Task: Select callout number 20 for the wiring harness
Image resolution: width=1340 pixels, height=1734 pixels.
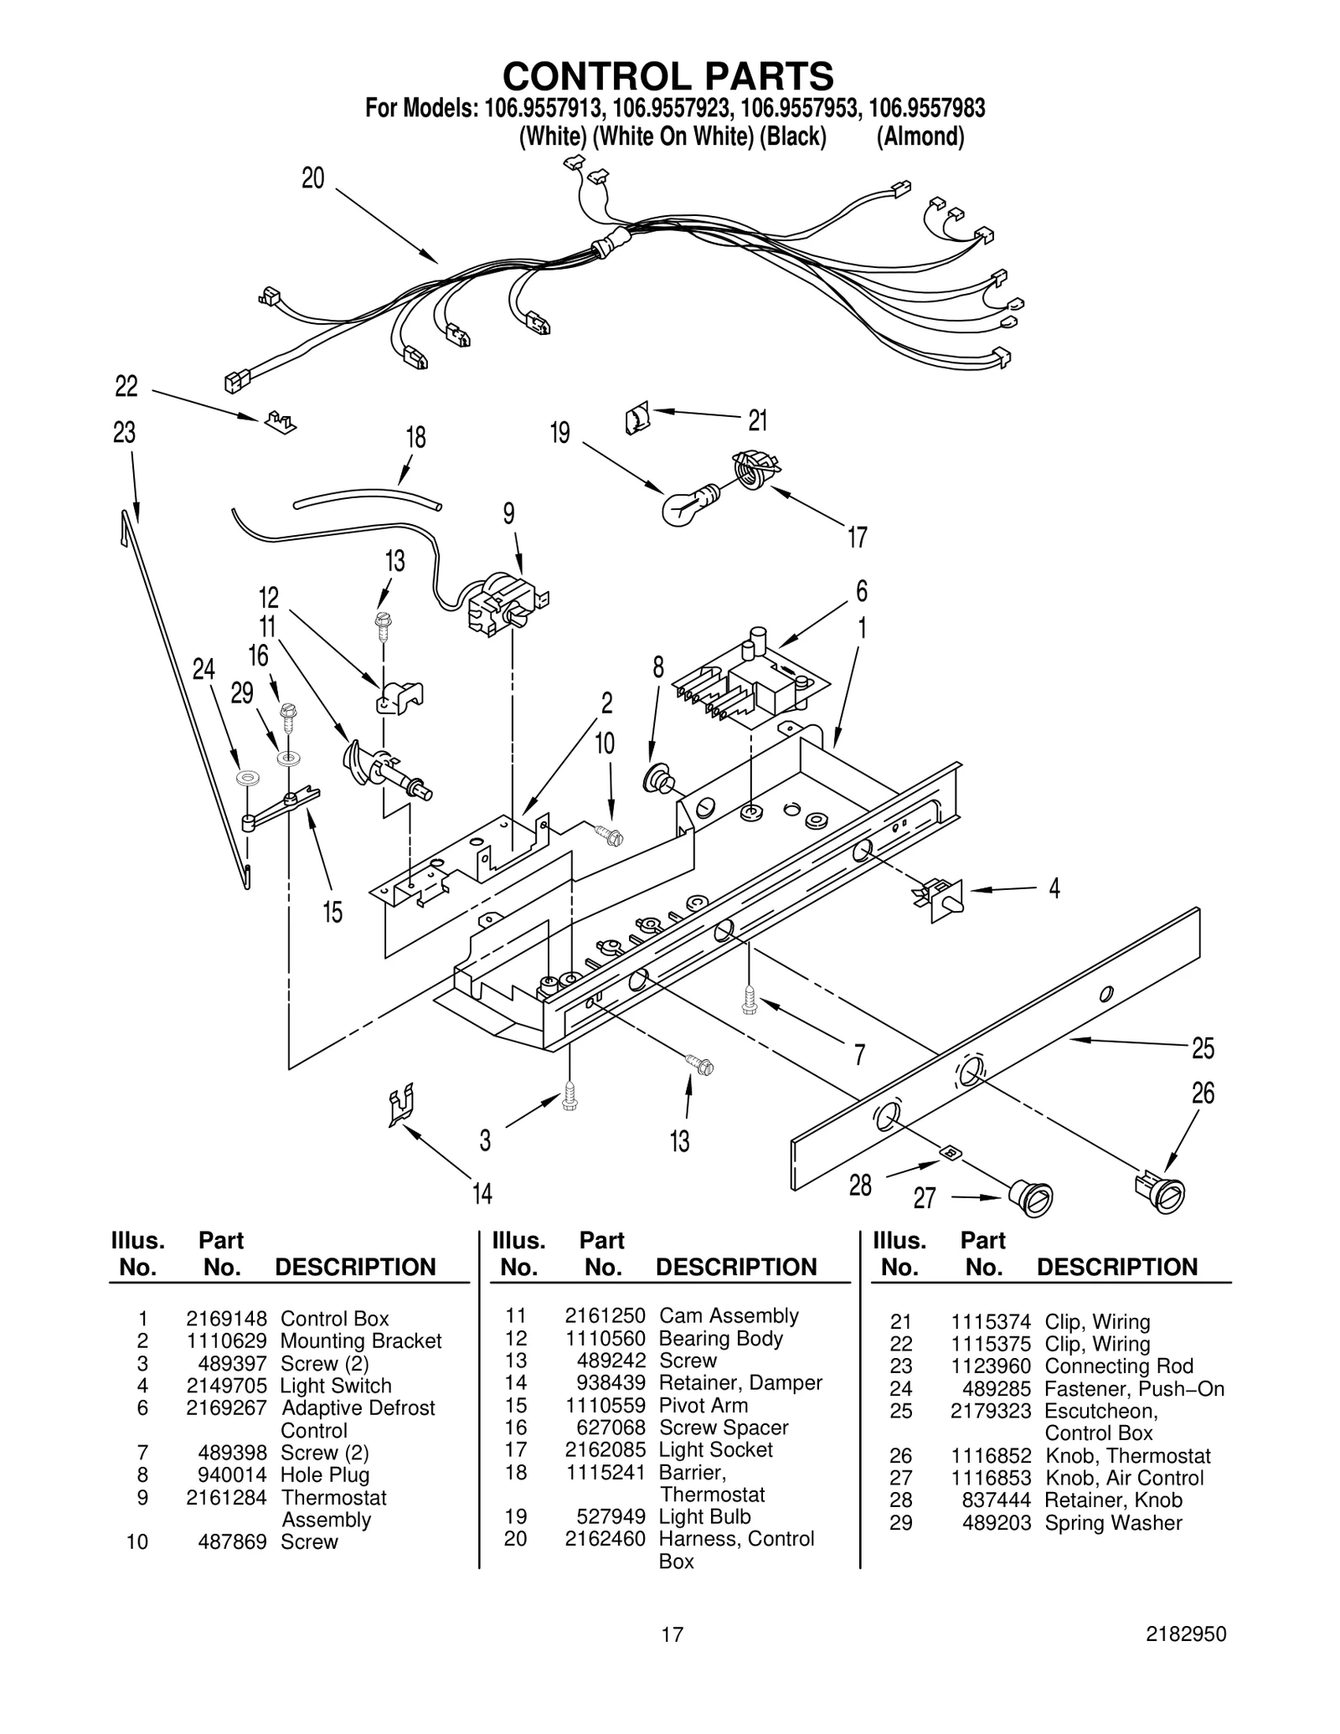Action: coord(312,178)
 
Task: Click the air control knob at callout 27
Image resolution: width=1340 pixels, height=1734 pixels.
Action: coord(1030,1196)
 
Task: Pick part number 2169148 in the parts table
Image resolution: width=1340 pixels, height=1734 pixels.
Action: coord(226,1319)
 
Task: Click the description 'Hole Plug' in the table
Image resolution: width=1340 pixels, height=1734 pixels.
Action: coord(324,1474)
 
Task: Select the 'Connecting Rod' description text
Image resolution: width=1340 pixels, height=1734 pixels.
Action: coord(1119,1366)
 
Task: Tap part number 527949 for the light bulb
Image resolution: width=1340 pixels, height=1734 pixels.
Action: coord(611,1516)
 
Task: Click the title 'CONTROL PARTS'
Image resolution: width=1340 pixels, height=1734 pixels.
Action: coord(667,75)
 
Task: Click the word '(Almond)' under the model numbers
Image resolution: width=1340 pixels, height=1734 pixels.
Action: coord(920,136)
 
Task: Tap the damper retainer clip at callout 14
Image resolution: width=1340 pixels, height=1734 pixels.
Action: coord(402,1105)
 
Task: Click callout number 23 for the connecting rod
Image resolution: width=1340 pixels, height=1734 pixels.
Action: coord(124,433)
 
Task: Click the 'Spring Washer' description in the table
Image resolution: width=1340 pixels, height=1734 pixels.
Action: coord(1113,1523)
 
